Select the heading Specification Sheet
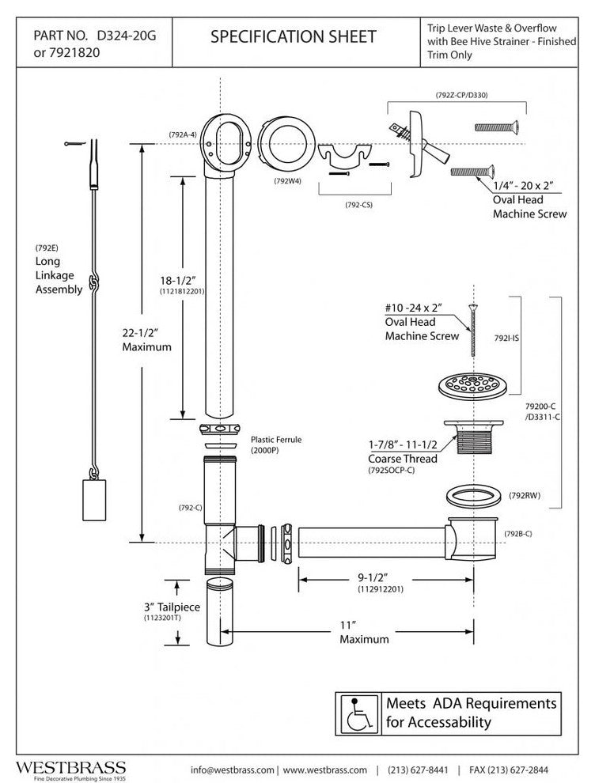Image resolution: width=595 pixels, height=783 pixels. (294, 37)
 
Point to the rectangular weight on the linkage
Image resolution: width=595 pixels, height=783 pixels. (93, 497)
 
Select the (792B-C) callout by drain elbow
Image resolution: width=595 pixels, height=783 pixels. (517, 533)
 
